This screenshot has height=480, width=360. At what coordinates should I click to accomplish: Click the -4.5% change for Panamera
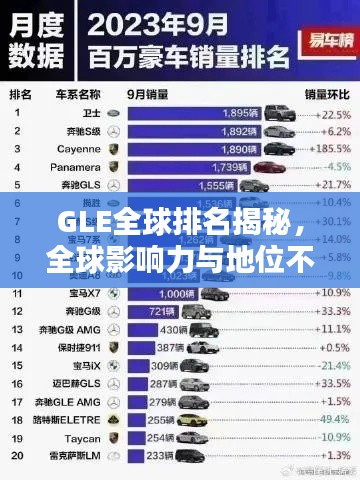(x=329, y=167)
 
